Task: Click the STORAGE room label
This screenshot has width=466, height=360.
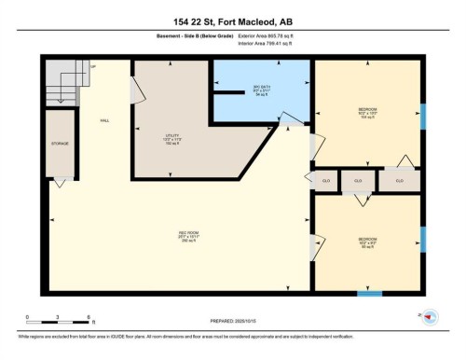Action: point(61,145)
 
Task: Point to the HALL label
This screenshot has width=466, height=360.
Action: point(106,121)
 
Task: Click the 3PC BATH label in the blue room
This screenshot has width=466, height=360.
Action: point(262,91)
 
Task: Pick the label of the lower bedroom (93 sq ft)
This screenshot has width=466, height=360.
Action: point(367,242)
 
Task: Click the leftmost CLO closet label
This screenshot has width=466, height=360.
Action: point(326,180)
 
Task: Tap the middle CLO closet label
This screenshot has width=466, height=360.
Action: point(357,180)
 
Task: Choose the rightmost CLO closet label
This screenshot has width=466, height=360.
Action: point(399,180)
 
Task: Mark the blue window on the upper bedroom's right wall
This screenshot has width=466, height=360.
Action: point(422,117)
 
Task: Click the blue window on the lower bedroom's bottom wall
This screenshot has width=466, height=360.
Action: point(370,294)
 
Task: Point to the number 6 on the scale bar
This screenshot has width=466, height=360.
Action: point(88,317)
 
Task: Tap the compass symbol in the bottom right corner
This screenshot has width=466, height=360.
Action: point(430,318)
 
